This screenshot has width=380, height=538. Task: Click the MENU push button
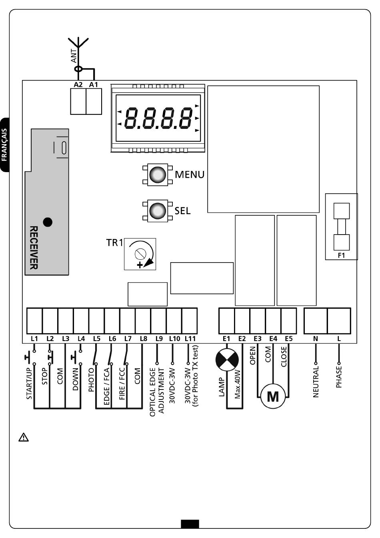158,175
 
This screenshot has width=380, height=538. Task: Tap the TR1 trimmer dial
140,254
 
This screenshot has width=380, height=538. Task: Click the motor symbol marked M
273,396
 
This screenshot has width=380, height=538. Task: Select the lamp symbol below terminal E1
227,360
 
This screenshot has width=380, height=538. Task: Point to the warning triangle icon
24,437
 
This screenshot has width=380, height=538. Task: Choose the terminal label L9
159,339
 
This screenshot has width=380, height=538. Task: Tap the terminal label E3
257,339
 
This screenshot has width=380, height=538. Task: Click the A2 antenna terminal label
78,84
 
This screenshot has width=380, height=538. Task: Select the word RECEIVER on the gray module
34,248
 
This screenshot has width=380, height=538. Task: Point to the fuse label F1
341,255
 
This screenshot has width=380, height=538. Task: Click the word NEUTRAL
316,381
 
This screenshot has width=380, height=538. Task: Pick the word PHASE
339,377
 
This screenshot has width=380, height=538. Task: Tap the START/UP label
29,383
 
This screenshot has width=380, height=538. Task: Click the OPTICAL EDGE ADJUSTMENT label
157,392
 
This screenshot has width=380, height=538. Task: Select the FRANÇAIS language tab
4,145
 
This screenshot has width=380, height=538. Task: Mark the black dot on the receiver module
48,222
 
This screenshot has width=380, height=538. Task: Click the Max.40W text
237,385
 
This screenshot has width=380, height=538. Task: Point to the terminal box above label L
339,321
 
